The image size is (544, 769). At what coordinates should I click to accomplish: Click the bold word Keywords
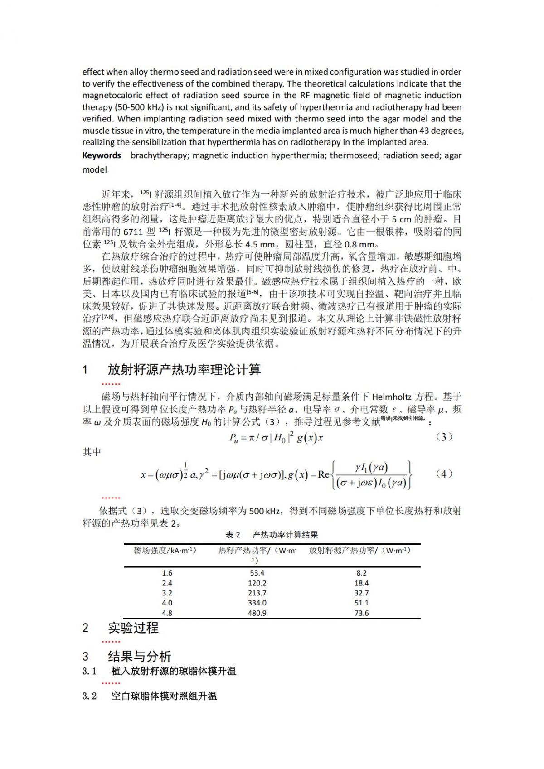(x=102, y=155)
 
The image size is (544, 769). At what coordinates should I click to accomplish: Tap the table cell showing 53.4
(x=257, y=573)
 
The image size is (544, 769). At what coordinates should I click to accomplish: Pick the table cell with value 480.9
(x=257, y=613)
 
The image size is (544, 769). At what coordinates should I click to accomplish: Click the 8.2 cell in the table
(x=361, y=573)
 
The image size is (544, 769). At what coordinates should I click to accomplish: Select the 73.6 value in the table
(x=361, y=613)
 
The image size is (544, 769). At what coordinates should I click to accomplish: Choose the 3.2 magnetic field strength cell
(x=167, y=593)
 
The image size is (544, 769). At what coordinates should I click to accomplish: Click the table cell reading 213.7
(x=257, y=593)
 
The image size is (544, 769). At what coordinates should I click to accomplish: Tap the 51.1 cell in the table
(x=361, y=603)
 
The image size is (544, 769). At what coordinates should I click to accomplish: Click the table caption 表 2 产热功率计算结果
(x=272, y=535)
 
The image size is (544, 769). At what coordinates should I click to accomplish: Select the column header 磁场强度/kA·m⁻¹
(x=165, y=551)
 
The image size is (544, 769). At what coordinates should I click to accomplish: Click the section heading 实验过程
(x=133, y=628)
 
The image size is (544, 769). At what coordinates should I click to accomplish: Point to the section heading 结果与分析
(x=140, y=657)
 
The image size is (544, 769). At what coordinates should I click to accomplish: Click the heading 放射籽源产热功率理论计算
(x=184, y=370)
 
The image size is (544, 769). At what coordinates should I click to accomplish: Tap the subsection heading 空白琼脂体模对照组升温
(x=164, y=696)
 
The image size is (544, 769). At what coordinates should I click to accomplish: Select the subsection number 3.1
(x=89, y=672)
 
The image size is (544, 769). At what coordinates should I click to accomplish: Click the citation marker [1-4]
(x=175, y=206)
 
